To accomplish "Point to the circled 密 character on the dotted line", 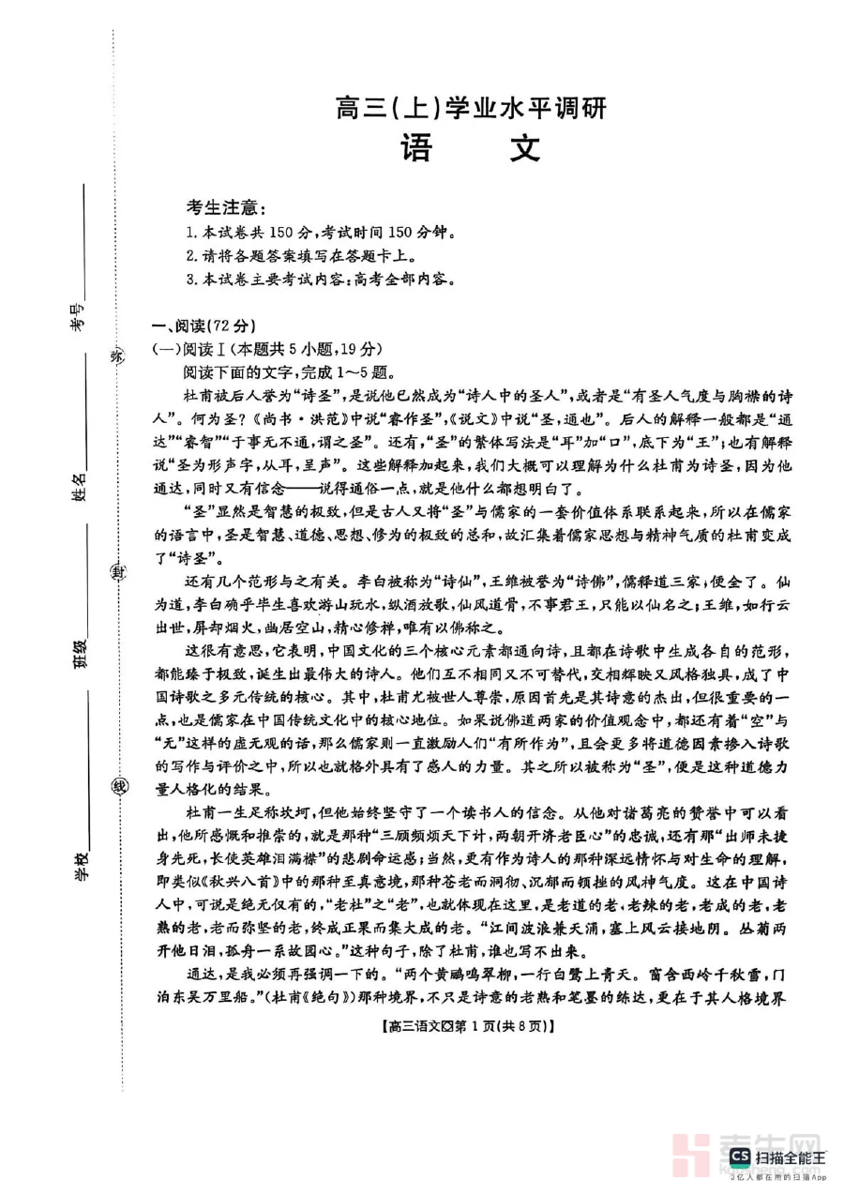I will (x=118, y=355).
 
